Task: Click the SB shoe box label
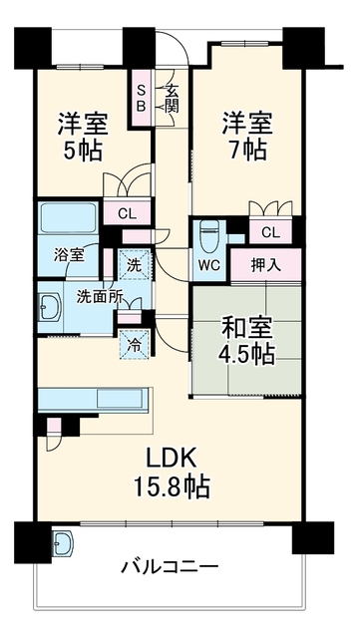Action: [141, 99]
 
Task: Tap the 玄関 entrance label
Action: [172, 99]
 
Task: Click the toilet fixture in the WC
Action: [209, 237]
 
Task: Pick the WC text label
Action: [209, 266]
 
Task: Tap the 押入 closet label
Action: [265, 266]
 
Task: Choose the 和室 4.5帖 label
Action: [247, 341]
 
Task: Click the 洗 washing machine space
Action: [135, 264]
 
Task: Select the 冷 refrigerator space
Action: [135, 345]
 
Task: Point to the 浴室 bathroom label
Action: [69, 255]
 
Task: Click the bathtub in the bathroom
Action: [69, 218]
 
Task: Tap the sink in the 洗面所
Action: [50, 307]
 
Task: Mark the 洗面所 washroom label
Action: [100, 297]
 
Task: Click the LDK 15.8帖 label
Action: [173, 474]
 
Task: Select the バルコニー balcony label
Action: [170, 567]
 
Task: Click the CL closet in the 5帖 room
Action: [128, 212]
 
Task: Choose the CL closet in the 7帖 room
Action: [271, 232]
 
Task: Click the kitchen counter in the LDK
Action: [94, 401]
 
